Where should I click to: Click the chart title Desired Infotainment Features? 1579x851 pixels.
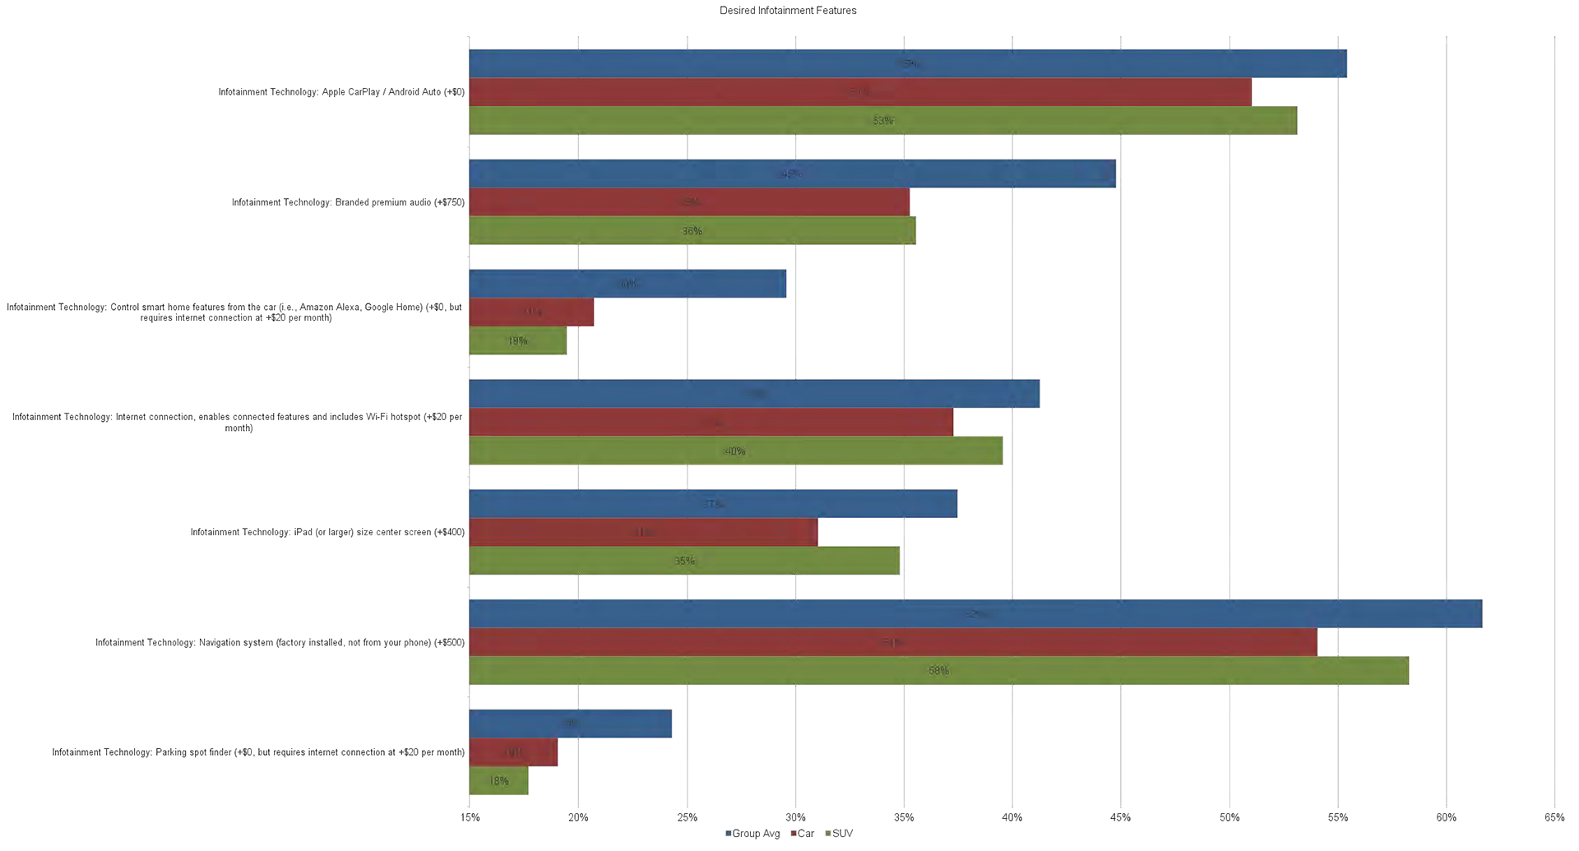[788, 11]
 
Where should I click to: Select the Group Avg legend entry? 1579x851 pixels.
[752, 834]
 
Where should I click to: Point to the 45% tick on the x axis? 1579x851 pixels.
[1120, 817]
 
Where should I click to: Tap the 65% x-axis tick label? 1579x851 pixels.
[1554, 817]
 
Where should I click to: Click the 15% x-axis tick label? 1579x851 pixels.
[470, 817]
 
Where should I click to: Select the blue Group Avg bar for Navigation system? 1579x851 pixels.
[975, 614]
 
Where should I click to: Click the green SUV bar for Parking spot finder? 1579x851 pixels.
[498, 780]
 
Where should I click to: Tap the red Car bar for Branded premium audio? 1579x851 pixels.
[689, 202]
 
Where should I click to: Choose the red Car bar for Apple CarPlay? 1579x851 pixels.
[860, 92]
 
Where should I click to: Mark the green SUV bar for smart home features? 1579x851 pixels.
[517, 340]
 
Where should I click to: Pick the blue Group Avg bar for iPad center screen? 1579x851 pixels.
[713, 504]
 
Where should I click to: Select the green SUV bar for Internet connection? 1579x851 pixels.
[735, 451]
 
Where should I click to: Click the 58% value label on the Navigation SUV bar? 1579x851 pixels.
[938, 671]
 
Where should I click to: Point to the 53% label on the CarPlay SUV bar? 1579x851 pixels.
[882, 121]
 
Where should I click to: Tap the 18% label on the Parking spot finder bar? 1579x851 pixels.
[498, 781]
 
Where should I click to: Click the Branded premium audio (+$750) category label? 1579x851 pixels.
[348, 202]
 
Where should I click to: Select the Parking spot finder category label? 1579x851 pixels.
[258, 752]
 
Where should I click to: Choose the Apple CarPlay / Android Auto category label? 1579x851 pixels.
[341, 92]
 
